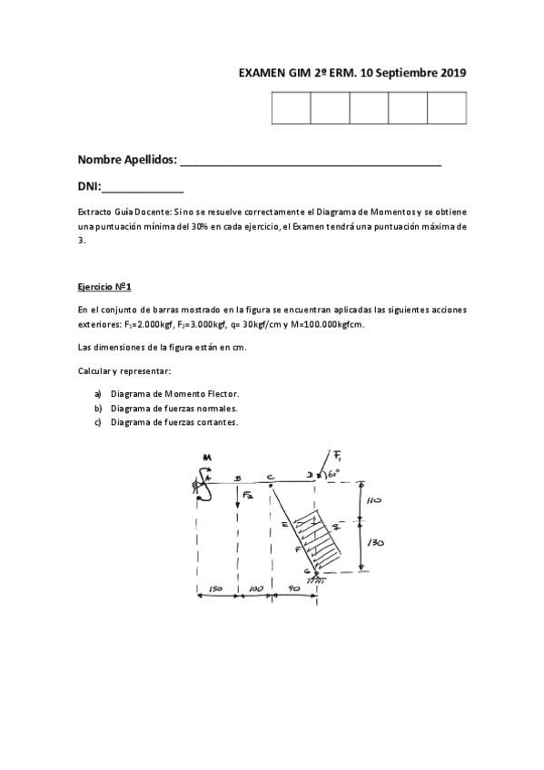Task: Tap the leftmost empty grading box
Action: [x=290, y=108]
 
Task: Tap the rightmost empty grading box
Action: [x=446, y=108]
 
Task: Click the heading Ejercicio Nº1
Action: [x=104, y=287]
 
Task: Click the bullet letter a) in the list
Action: [x=97, y=394]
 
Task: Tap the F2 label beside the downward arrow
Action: [x=248, y=495]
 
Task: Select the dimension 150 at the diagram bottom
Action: [x=215, y=589]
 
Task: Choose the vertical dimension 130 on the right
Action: [x=374, y=542]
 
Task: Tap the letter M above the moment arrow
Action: [x=206, y=457]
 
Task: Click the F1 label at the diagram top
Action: [x=337, y=455]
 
